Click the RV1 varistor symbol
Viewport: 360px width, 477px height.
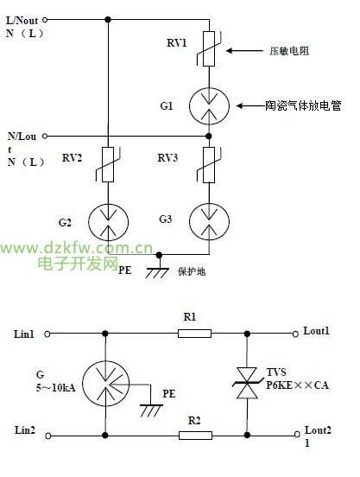tap(209, 48)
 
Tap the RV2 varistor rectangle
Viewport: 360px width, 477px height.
tap(108, 164)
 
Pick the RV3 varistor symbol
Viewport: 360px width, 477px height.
tap(209, 164)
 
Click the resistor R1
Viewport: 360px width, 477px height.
tap(194, 334)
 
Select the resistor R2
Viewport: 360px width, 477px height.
tap(195, 436)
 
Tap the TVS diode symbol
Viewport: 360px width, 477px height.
tap(247, 383)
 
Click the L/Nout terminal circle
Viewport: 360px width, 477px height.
tap(45, 20)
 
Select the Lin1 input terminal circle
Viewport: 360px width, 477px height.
tap(47, 334)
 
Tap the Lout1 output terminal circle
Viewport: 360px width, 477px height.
tap(295, 334)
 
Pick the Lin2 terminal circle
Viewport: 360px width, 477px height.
tap(48, 436)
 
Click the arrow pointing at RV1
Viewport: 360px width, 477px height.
tap(244, 50)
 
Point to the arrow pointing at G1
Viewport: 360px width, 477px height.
tap(250, 106)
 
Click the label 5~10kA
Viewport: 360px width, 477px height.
tap(56, 388)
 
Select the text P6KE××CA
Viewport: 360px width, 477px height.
tap(298, 385)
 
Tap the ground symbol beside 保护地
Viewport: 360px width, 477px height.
tap(157, 272)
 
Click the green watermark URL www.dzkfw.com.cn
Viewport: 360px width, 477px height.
tap(76, 248)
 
